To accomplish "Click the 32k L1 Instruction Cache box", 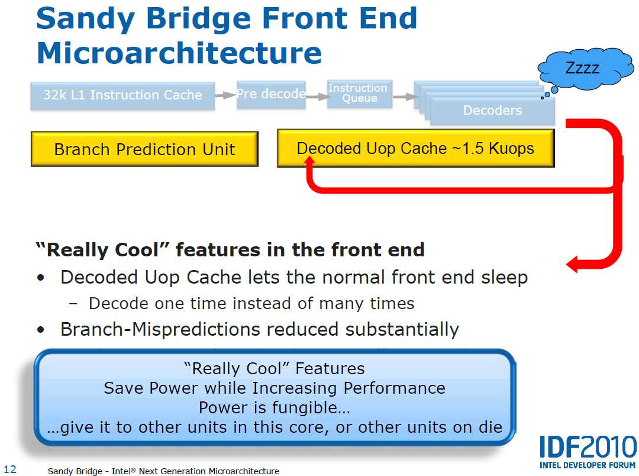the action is (122, 95).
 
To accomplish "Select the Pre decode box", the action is (271, 94).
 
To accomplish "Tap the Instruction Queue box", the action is (360, 94).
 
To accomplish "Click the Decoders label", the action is (492, 110).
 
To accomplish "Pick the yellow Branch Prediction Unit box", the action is (145, 149).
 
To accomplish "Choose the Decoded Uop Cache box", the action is (416, 149).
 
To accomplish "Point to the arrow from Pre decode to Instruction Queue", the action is (318, 97).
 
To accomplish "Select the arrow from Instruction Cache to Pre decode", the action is (225, 95).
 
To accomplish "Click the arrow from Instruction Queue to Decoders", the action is (405, 97).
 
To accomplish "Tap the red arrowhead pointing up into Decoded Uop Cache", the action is (310, 160).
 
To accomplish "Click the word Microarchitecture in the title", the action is (179, 53).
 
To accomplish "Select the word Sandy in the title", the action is (86, 19).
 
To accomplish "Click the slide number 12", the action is (10, 469).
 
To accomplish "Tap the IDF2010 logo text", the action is (588, 447).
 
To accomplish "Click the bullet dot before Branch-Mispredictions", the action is (40, 329).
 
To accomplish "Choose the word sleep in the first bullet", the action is (505, 278).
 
